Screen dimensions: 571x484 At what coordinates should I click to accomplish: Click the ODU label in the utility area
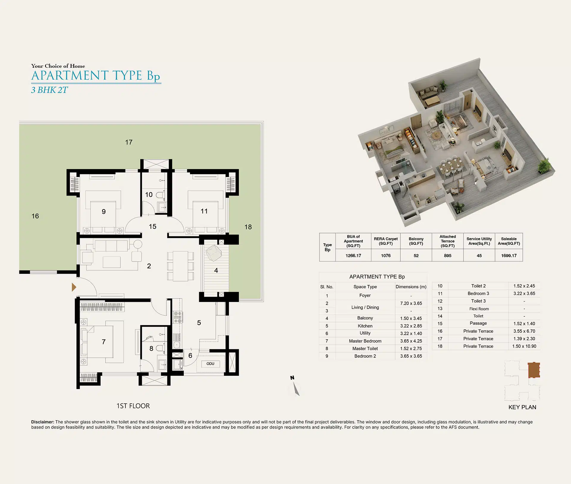(210, 364)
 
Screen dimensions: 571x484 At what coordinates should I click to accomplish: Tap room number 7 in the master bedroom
(103, 342)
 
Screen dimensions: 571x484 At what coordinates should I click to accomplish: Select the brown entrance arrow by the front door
(74, 287)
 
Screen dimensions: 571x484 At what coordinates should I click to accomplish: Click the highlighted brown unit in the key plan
(534, 370)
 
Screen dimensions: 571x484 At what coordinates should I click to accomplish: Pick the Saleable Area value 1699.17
(509, 256)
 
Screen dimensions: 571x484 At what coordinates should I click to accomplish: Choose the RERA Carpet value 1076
(386, 256)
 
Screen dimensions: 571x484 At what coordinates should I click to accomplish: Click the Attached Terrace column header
(448, 241)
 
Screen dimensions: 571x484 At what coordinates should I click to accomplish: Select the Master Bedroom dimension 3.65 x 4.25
(411, 341)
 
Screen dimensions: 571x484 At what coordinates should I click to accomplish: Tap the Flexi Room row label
(479, 309)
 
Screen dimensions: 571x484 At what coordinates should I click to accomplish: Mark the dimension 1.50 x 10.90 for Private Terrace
(524, 346)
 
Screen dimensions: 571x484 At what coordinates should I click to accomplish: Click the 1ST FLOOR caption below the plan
(133, 406)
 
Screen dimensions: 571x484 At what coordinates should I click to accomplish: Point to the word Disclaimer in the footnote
(43, 422)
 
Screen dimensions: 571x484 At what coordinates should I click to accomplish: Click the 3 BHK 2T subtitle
(49, 90)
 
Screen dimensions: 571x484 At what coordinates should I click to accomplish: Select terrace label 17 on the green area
(129, 142)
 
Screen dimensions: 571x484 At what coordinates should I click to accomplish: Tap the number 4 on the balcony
(216, 270)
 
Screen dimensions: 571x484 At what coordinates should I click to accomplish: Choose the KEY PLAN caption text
(522, 407)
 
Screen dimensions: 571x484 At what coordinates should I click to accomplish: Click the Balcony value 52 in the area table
(416, 256)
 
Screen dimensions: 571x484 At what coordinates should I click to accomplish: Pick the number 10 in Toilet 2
(149, 194)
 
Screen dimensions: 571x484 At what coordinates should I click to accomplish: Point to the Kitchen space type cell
(365, 326)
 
